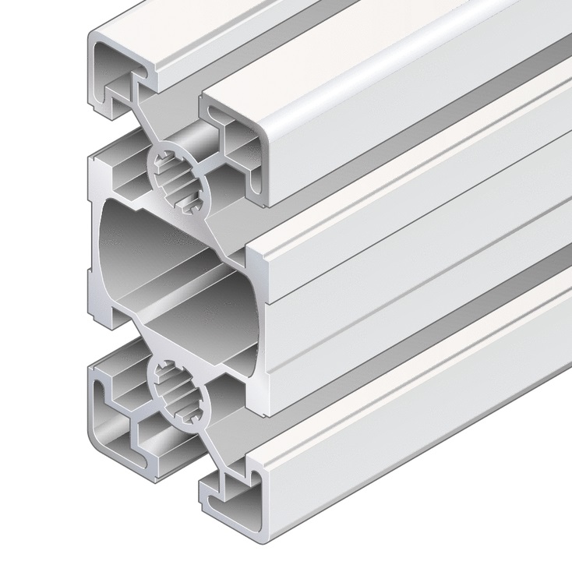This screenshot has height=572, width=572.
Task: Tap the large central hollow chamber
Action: pyautogui.click(x=168, y=257)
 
